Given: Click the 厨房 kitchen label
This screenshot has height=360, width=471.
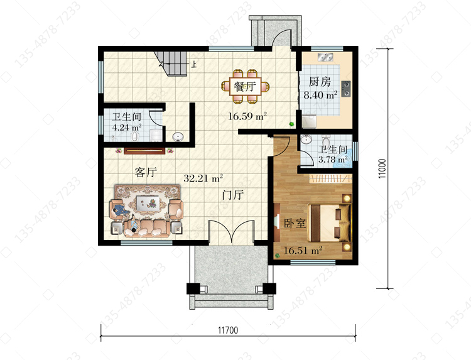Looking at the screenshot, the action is (x=320, y=82).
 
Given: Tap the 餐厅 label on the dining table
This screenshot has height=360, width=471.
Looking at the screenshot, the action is (x=245, y=87).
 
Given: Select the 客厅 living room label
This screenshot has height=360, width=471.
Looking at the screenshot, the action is (x=146, y=172).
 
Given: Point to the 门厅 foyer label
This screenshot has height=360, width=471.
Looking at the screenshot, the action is (x=233, y=195).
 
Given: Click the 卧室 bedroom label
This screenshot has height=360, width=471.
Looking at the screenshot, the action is (x=295, y=223).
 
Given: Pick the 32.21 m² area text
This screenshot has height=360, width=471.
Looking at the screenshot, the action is (x=203, y=178).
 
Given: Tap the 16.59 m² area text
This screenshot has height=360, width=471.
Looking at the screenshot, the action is (x=247, y=116).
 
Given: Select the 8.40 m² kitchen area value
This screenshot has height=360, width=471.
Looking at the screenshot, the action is (x=320, y=95).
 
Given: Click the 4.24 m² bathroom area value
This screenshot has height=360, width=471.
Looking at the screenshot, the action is (x=126, y=127).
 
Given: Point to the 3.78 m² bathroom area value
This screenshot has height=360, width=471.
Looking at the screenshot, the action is (x=333, y=159).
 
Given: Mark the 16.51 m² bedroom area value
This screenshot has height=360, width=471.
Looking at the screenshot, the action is (x=303, y=250).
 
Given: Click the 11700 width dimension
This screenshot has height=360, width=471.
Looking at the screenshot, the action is (x=228, y=330).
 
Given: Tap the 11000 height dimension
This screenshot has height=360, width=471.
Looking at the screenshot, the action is (x=382, y=168).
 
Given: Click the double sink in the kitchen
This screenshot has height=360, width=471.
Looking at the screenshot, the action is (x=325, y=57).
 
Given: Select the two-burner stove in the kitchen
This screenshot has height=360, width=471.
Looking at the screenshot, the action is (x=346, y=89).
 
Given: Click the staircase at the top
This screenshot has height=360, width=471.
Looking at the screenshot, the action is (x=171, y=63).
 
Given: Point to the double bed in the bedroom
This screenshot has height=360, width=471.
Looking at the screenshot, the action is (x=330, y=223).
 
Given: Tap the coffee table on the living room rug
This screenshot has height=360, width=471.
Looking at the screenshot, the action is (x=147, y=203).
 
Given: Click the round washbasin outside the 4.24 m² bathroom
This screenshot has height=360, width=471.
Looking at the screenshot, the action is (x=178, y=137).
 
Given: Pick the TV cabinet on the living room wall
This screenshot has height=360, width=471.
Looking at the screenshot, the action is (x=144, y=150).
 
